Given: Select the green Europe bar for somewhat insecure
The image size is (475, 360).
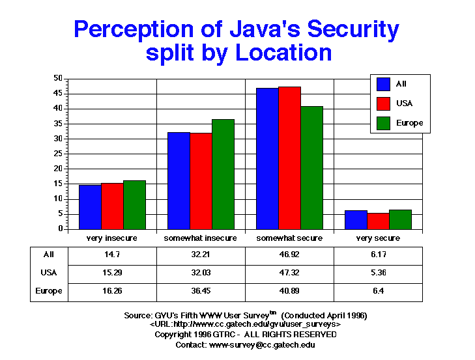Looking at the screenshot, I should click(223, 174).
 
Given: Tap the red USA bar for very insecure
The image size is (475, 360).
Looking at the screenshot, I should click(112, 206).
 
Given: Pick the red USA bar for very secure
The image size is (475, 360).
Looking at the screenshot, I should click(378, 221).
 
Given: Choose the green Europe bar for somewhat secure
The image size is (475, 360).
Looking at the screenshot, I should click(311, 168).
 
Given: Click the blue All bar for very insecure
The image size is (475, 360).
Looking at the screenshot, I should click(90, 207).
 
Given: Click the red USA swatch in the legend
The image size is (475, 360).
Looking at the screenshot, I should click(383, 103).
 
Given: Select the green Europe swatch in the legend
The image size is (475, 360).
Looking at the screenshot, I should click(383, 122).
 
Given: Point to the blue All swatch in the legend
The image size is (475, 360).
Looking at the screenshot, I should click(383, 84).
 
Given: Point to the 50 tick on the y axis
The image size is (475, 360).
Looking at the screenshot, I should click(58, 78).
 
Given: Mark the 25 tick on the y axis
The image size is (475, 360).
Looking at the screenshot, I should click(58, 154).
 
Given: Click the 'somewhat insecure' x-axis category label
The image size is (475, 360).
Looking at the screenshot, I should click(201, 238).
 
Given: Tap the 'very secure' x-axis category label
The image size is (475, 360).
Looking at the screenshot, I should click(378, 238).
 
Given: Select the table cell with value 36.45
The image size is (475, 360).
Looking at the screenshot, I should click(201, 291).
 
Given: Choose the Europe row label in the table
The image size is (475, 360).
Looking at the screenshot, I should click(49, 291).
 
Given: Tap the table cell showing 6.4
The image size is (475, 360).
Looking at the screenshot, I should click(378, 291).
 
